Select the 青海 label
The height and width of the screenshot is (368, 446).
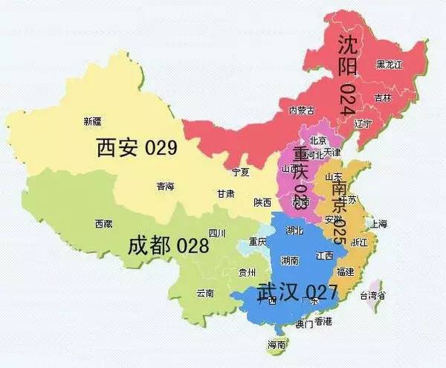[x=165, y=187]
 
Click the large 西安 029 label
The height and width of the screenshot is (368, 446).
[x=137, y=147]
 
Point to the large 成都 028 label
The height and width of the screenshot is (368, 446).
[x=168, y=245]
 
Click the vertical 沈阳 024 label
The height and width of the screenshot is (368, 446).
[x=346, y=74]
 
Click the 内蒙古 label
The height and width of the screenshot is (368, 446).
[x=301, y=111]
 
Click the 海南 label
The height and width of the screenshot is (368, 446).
[x=277, y=345]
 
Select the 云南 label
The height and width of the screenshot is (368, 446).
[x=204, y=293]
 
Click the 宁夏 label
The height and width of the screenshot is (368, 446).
[x=240, y=172]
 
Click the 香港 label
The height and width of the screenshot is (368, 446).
[x=323, y=320]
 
